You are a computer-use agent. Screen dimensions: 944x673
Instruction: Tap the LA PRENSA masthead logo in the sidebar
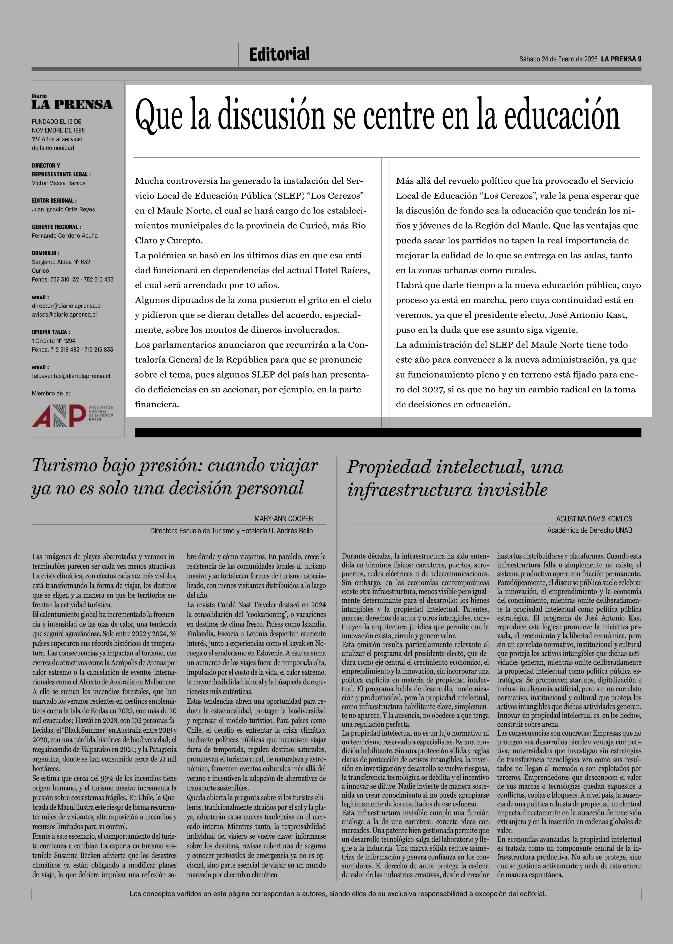72,104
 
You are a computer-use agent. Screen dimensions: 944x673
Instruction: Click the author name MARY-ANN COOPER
284,518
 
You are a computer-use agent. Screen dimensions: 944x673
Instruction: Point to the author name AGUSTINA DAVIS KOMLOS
594,519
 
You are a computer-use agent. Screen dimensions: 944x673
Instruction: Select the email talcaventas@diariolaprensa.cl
71,376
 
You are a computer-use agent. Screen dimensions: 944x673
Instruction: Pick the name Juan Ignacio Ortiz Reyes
63,209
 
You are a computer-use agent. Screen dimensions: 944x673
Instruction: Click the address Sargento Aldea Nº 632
61,262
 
